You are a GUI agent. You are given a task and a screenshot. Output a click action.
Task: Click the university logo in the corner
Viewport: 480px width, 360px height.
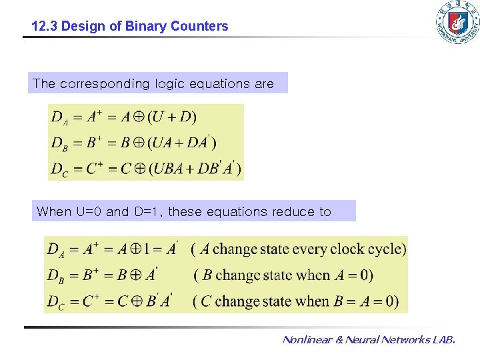(457, 23)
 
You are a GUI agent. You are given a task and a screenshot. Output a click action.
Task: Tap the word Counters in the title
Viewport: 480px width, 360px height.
(199, 27)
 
